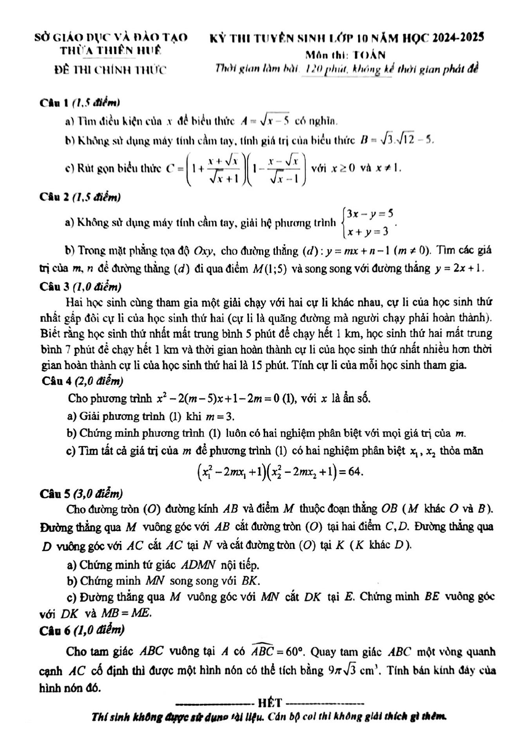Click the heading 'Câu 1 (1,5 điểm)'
[80, 103]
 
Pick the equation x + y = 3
[368, 232]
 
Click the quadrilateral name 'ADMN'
[199, 565]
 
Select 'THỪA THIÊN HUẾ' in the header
[110, 51]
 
